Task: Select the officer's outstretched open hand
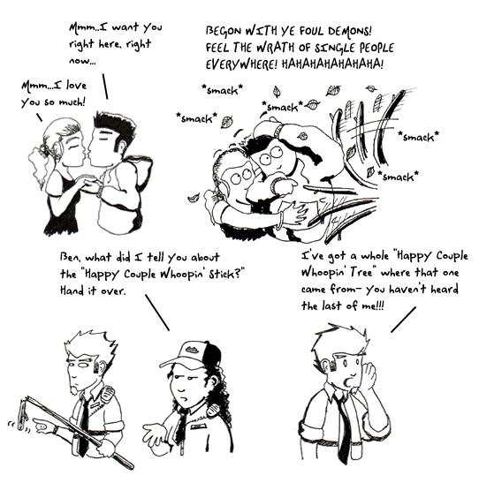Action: pos(155,434)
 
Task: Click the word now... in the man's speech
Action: pos(82,61)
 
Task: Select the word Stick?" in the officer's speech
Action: pos(226,274)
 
